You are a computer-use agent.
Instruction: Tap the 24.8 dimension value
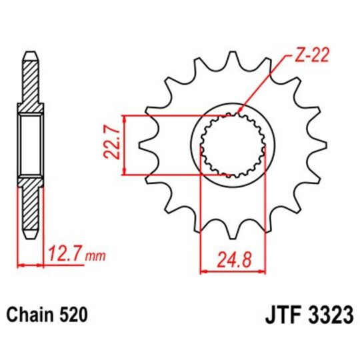pos(233,256)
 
